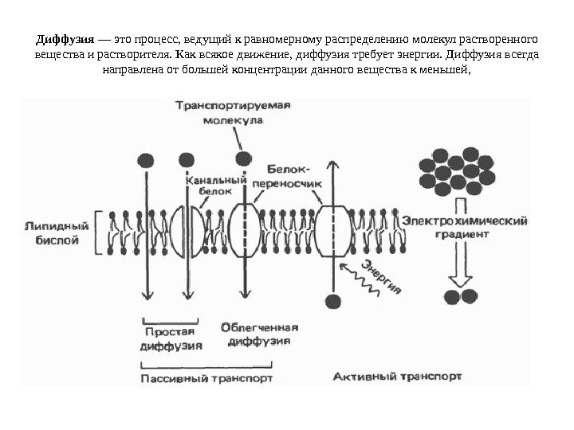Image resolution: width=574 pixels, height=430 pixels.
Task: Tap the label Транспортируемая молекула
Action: (x=233, y=113)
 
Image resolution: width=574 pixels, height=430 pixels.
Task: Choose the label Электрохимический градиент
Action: (x=465, y=227)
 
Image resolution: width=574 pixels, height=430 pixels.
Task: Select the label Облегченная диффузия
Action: (x=258, y=334)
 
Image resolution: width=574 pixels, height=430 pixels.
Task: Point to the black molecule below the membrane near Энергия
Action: (x=333, y=301)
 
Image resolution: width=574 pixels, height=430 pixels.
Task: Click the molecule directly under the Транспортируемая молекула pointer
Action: (x=243, y=157)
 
